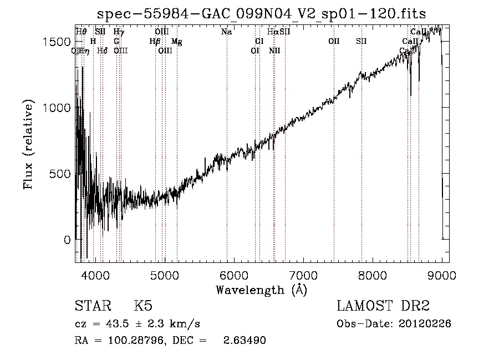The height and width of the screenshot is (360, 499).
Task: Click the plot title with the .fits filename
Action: (261, 13)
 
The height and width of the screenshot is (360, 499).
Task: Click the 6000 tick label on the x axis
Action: (234, 274)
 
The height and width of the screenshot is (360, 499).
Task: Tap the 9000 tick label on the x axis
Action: (442, 274)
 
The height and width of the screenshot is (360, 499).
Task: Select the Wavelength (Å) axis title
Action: (261, 290)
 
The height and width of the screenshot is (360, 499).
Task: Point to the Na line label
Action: (226, 32)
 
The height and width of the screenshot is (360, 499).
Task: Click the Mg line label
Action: (176, 42)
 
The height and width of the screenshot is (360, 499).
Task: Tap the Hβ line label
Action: (155, 42)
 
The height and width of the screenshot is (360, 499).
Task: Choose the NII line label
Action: (274, 51)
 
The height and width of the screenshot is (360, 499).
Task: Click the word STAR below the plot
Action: (90, 306)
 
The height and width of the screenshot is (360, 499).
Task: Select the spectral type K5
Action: (142, 306)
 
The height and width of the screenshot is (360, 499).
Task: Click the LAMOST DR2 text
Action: (383, 306)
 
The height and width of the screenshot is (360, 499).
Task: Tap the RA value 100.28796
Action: (132, 340)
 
